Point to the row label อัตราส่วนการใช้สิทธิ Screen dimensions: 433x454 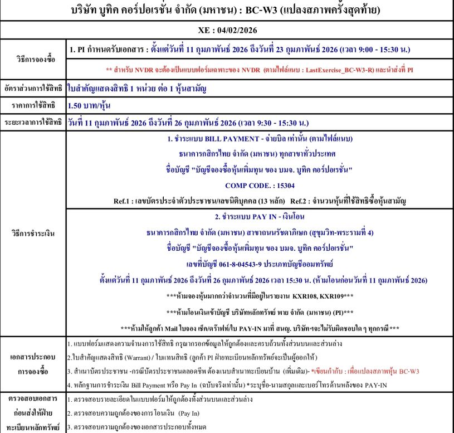pyautogui.click(x=33, y=88)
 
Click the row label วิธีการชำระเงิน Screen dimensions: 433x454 pyautogui.click(x=33, y=233)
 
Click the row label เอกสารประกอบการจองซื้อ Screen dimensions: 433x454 pyautogui.click(x=33, y=363)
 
